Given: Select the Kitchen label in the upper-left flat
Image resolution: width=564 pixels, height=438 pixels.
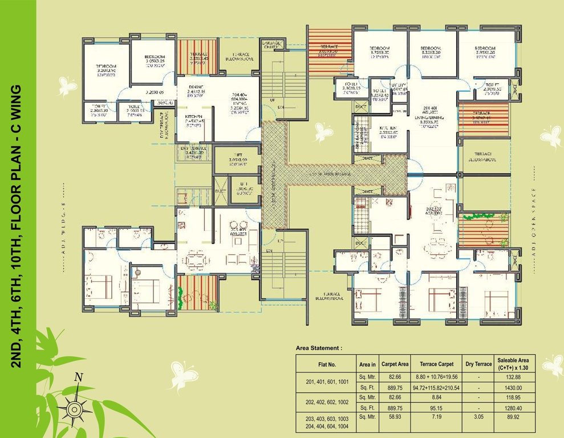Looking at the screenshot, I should [x=193, y=118].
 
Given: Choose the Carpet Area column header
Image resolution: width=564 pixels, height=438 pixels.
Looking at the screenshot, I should [x=395, y=363].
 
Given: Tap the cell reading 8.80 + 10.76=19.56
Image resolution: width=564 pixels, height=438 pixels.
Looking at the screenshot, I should [x=436, y=376].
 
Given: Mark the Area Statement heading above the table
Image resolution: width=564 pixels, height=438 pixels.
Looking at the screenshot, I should [x=319, y=347].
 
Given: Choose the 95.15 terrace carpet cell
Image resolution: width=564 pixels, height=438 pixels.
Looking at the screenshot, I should [x=436, y=408].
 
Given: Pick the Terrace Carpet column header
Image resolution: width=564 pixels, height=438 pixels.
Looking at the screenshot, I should [x=436, y=363].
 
